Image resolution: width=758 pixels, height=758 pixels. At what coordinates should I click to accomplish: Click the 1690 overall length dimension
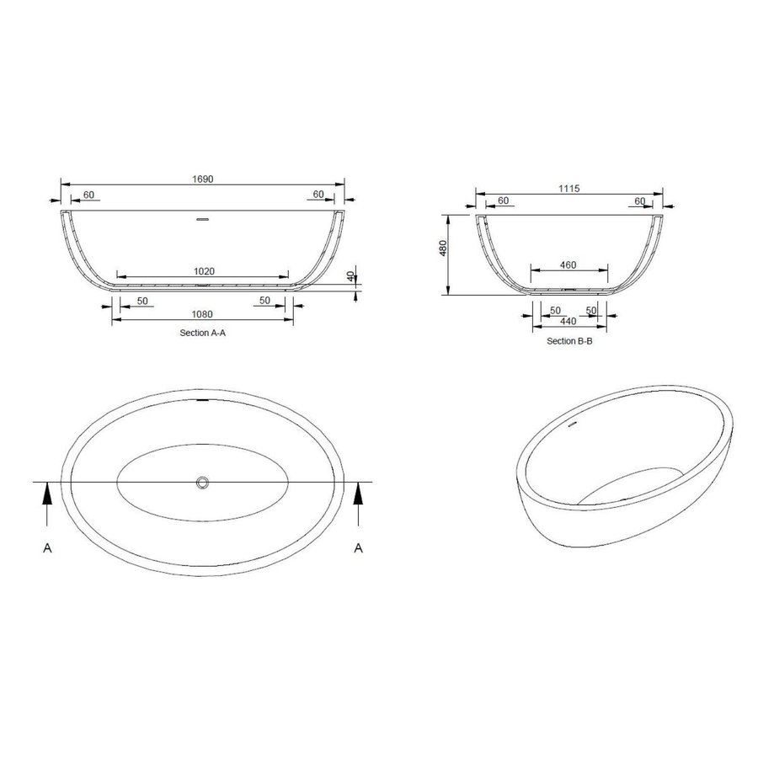202,179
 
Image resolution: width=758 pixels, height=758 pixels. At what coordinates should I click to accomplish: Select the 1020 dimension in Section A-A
203,271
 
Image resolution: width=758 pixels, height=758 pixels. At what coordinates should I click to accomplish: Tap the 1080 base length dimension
203,315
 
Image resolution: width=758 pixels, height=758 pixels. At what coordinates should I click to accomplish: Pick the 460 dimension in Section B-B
568,265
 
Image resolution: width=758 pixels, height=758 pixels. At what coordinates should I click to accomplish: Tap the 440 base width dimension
568,322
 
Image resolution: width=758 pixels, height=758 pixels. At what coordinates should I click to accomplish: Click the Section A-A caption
203,334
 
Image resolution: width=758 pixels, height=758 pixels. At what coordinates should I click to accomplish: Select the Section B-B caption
569,341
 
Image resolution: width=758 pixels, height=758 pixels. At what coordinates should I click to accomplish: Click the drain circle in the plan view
203,483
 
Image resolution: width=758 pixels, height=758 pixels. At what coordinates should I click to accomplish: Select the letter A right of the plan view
360,548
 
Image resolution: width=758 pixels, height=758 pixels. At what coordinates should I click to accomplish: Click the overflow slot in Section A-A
202,221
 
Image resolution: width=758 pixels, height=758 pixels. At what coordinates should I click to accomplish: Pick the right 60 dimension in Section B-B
639,200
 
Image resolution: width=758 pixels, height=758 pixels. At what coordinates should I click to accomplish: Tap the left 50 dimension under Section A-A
142,300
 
